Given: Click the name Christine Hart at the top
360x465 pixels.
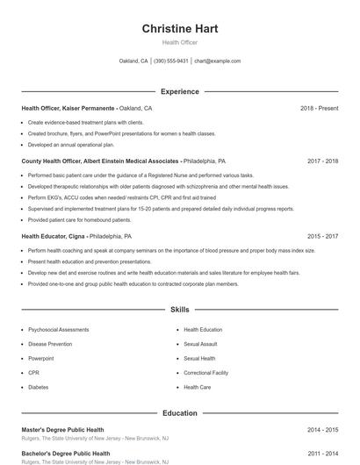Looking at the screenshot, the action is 180,29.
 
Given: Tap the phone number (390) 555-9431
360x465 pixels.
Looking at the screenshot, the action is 171,61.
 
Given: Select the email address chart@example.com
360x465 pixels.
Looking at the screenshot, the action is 217,61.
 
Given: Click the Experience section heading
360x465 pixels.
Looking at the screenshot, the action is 180,91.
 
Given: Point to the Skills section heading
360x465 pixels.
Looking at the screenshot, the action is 180,310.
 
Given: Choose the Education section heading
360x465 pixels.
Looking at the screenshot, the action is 180,412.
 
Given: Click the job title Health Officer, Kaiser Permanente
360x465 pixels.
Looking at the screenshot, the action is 68,108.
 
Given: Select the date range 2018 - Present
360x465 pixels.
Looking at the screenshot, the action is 319,108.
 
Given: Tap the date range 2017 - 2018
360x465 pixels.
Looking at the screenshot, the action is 322,161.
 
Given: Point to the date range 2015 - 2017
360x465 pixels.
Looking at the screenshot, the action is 322,236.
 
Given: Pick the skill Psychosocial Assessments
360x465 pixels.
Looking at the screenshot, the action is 58,330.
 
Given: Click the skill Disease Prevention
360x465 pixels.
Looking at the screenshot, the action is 50,344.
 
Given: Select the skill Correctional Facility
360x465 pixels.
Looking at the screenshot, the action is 205,372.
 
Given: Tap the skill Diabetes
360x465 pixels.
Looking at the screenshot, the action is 38,386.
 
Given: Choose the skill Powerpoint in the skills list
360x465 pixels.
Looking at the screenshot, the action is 41,358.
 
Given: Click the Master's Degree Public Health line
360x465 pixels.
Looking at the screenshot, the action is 62,430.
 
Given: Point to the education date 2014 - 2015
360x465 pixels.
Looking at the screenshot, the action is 322,430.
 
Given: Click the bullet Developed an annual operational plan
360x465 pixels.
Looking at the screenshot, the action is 71,145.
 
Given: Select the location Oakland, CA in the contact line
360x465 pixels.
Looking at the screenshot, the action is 133,61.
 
